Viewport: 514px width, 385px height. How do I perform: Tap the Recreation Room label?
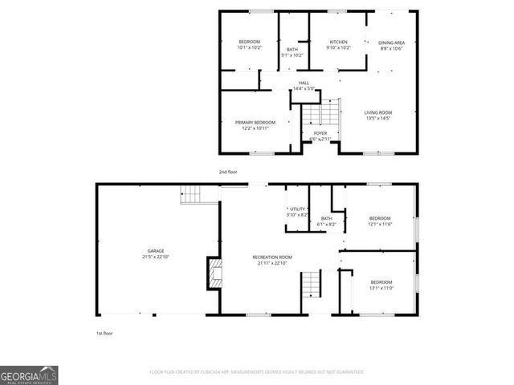(275, 257)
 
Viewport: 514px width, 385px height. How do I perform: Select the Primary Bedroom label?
(255, 122)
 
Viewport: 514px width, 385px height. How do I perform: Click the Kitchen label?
(338, 42)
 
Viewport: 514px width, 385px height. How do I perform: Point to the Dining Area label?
(391, 42)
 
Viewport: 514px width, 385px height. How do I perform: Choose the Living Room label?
(378, 112)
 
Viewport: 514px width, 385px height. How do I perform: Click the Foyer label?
(320, 132)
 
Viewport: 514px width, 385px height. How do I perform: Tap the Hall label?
(304, 83)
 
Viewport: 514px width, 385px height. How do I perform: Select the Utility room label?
(298, 209)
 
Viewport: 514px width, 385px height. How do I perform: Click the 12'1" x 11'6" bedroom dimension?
(380, 225)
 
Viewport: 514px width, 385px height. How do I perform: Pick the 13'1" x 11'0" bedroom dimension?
(381, 288)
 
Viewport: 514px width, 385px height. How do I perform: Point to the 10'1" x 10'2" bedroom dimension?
(249, 48)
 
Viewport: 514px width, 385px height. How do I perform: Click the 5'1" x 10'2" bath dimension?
(292, 55)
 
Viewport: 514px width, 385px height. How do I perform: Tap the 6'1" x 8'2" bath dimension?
(326, 225)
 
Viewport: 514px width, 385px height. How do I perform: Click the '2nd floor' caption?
(229, 172)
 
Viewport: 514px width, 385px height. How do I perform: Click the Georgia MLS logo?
(29, 375)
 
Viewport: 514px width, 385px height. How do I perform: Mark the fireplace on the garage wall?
(214, 273)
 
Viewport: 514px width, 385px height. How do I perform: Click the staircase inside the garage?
(190, 194)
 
